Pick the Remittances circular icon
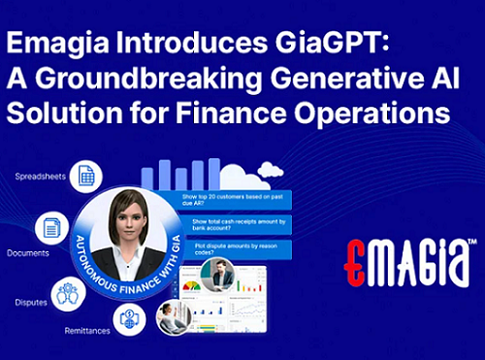click(x=129, y=318)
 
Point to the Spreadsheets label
click(x=40, y=176)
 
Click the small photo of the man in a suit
click(x=223, y=278)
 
